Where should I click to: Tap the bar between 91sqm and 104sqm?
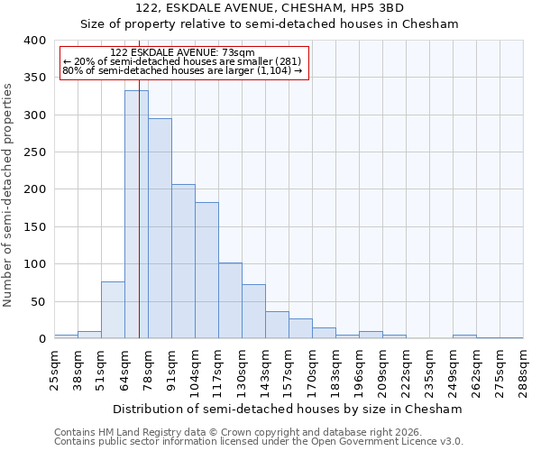coord(183,262)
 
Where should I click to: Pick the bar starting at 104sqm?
coord(206,271)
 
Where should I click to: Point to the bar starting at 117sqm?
coord(230,301)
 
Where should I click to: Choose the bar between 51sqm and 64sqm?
coord(113,310)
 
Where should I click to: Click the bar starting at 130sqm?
coord(253,312)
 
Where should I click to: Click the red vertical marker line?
coord(139,225)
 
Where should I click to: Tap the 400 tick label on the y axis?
coord(33,41)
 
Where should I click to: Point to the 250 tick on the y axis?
coord(33,152)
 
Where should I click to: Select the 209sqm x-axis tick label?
coord(382,370)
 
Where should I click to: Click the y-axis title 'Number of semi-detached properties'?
coord(8,195)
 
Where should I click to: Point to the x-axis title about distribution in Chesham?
coord(289,409)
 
